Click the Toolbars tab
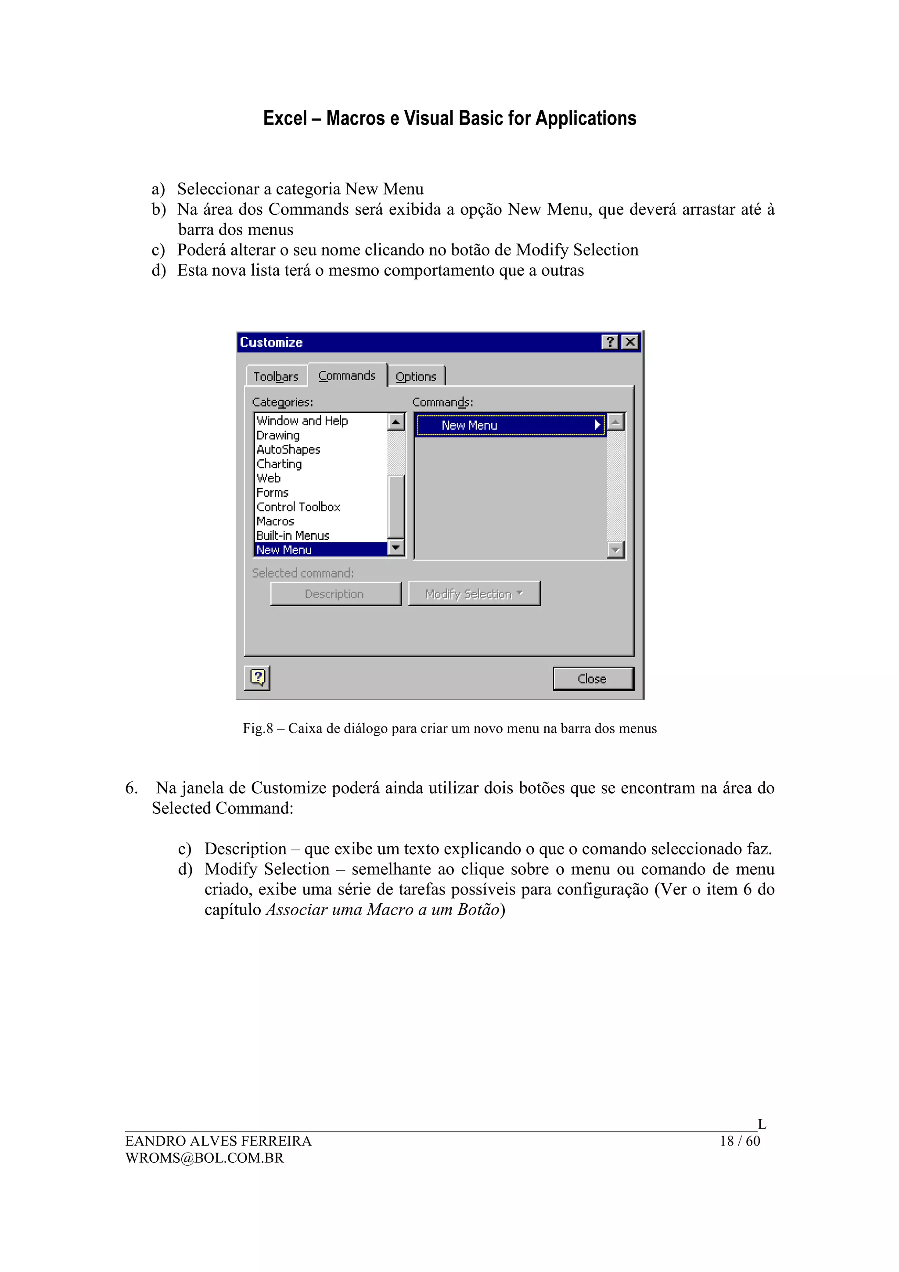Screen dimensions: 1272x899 [x=276, y=377]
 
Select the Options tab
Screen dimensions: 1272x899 [x=416, y=377]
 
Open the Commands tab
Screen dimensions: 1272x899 [x=347, y=376]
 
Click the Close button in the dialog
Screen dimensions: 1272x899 [x=592, y=679]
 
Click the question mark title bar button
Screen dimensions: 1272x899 [x=609, y=342]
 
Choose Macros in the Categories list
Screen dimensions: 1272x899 [x=275, y=521]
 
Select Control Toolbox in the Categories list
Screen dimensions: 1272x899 [x=298, y=507]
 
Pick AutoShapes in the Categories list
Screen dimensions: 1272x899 [x=288, y=449]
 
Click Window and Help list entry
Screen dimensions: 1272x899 [x=302, y=421]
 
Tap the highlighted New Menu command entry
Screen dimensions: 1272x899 [x=510, y=425]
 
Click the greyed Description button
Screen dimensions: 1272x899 [x=334, y=594]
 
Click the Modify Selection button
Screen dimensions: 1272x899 [x=474, y=594]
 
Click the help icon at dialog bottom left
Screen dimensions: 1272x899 [x=258, y=678]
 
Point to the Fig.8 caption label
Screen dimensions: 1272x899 [x=449, y=729]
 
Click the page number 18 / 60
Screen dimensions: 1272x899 [x=740, y=1141]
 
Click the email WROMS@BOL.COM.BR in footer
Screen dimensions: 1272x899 [x=205, y=1158]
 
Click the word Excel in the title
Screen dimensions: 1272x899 [x=285, y=119]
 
